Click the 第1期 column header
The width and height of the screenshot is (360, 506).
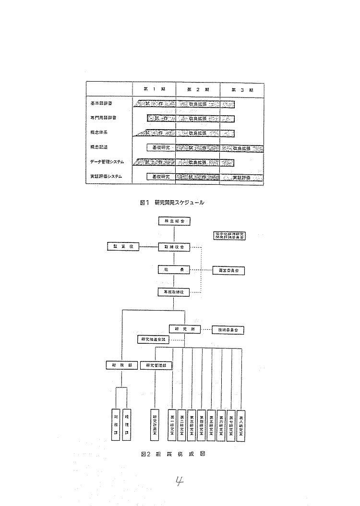[153, 89]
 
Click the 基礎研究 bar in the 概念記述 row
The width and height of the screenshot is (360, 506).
[161, 147]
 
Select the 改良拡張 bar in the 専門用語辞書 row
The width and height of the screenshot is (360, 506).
[197, 118]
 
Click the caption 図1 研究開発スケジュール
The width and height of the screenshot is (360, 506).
[175, 203]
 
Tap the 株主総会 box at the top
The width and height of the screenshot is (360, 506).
[174, 221]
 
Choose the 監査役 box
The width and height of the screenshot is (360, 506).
[123, 247]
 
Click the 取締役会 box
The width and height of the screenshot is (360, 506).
[174, 247]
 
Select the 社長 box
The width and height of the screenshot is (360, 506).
[174, 270]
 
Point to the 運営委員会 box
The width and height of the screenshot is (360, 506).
[228, 270]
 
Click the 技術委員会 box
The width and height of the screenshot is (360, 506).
[228, 330]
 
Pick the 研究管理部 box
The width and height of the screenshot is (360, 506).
[156, 365]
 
